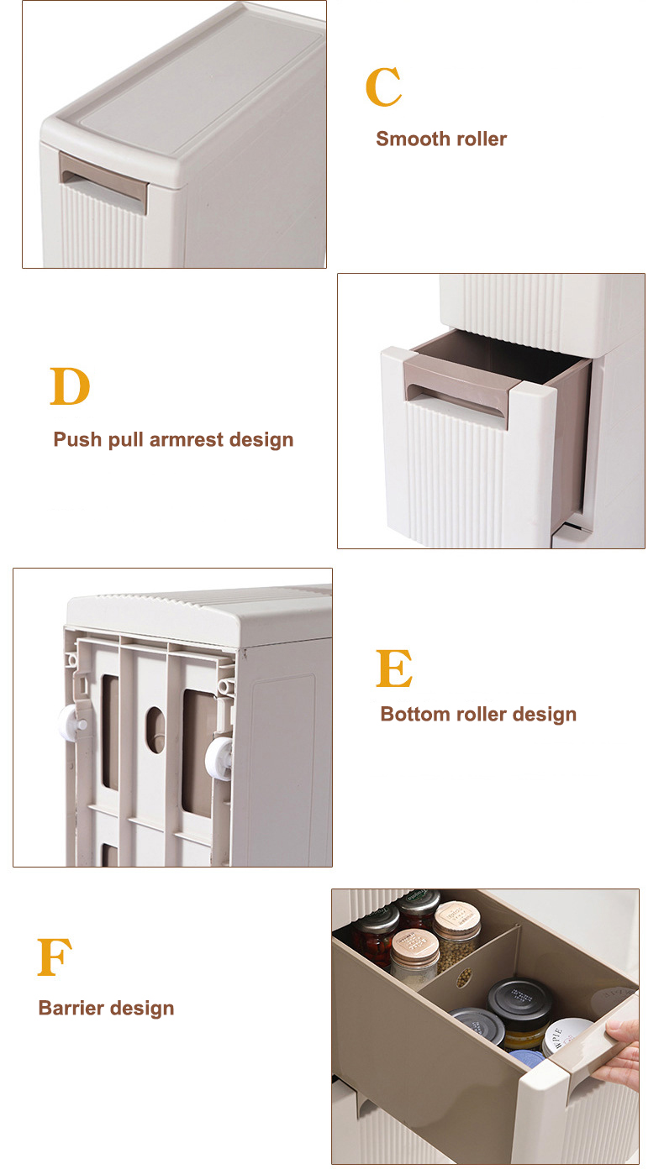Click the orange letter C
tap(383, 87)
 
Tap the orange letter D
tap(70, 387)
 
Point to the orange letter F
tap(55, 957)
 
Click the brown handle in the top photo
tap(103, 177)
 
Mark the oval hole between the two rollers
tap(155, 726)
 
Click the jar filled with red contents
tap(375, 942)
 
